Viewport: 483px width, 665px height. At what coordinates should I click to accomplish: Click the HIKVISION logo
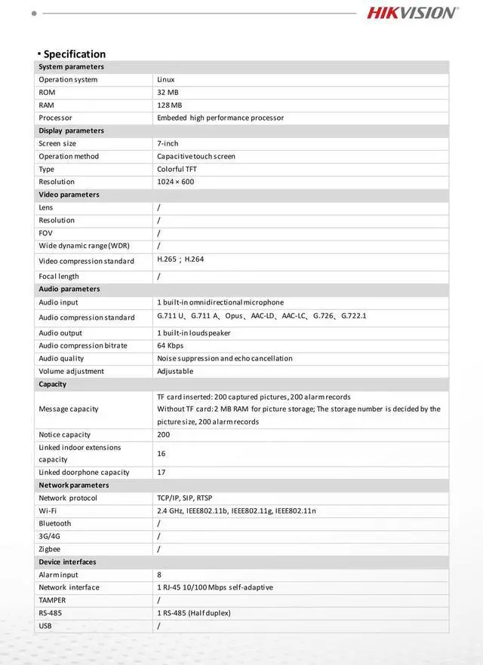412,12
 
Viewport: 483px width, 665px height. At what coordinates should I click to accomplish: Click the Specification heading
74,54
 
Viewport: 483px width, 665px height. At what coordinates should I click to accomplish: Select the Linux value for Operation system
166,79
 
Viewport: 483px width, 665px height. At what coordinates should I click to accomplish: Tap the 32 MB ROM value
168,92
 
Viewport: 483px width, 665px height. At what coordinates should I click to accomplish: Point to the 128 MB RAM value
169,105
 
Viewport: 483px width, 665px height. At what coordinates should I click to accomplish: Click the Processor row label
56,118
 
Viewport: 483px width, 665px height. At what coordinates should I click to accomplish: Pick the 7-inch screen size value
168,143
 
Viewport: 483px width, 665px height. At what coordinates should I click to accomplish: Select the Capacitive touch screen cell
196,156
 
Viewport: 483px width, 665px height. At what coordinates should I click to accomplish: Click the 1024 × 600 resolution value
175,182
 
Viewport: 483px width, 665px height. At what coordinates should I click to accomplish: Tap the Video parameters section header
69,195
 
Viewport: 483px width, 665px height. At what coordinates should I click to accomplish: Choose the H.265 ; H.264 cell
180,259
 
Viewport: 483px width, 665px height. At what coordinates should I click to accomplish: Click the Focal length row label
59,276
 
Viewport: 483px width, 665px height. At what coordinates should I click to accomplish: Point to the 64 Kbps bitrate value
171,345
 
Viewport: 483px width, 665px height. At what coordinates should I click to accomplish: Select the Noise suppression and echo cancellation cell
224,358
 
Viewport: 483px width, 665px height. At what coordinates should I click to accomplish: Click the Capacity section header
53,384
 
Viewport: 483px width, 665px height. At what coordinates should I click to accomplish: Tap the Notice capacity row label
65,434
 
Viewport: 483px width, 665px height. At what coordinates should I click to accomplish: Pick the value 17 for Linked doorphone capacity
162,472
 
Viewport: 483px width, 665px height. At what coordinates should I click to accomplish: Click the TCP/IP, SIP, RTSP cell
184,498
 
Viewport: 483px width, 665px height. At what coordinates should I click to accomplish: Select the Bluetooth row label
55,523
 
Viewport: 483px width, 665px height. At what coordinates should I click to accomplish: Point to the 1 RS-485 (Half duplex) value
194,613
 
